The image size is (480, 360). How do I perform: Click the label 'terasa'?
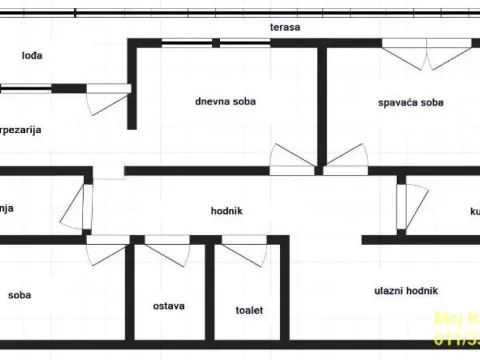[285, 27]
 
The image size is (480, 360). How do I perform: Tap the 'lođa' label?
[31, 56]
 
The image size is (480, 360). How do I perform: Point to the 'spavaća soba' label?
[410, 102]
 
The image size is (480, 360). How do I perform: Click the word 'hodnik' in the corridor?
[227, 210]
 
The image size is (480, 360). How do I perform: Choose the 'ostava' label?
[168, 305]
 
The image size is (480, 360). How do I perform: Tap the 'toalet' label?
[249, 310]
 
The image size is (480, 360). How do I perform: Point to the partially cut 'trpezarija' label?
[21, 130]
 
